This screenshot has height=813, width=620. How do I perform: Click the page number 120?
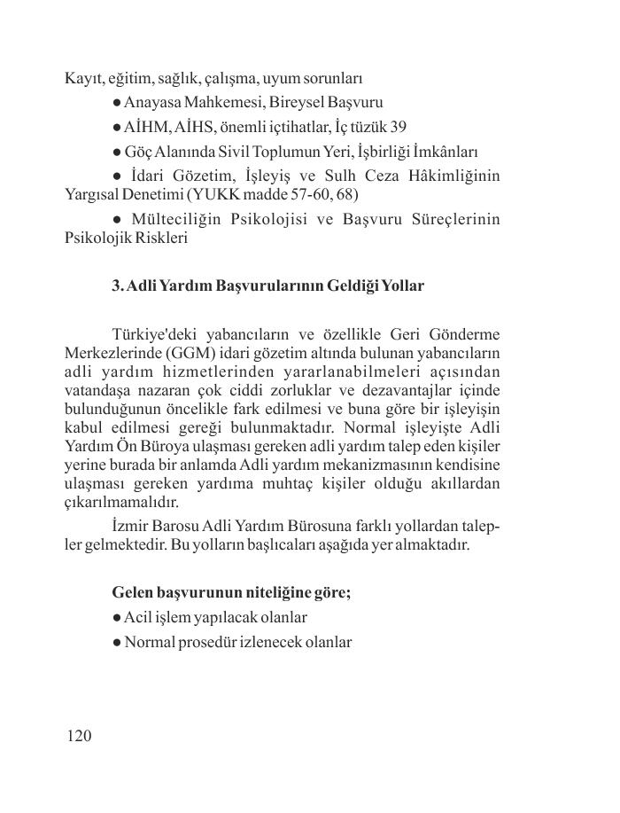coord(79,736)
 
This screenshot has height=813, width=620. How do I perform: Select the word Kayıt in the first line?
coord(83,79)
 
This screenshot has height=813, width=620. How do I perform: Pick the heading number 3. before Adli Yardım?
coord(118,285)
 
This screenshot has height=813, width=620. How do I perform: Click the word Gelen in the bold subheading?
coord(133,592)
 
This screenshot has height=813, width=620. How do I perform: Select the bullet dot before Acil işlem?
coord(117,617)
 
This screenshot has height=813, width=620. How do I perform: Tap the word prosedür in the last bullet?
coord(205,641)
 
